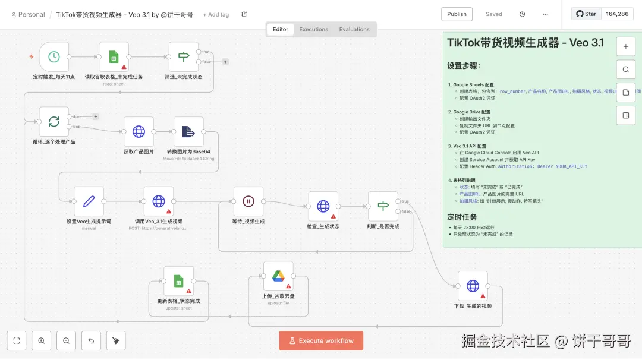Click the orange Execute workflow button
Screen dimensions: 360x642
click(x=321, y=340)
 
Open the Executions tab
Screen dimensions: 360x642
click(x=313, y=29)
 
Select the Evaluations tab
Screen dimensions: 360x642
click(x=354, y=29)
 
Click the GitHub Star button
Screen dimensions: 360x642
click(x=586, y=14)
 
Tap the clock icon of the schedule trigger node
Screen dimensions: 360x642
click(x=54, y=57)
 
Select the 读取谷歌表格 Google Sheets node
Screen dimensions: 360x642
click(x=114, y=57)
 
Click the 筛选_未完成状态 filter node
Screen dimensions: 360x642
click(x=184, y=57)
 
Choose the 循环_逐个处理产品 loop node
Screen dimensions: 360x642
click(x=54, y=122)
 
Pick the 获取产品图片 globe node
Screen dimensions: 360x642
click(x=139, y=131)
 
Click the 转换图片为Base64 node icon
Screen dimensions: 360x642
click(x=188, y=131)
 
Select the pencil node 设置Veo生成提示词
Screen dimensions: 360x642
click(x=89, y=201)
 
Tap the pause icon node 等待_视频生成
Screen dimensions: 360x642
click(x=248, y=201)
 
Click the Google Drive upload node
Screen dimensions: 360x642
click(x=278, y=276)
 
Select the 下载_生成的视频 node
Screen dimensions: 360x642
click(x=473, y=286)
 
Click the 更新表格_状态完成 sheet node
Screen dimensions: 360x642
click(x=178, y=281)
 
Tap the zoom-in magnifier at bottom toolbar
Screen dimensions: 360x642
click(x=42, y=340)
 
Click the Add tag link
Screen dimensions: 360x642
click(x=216, y=14)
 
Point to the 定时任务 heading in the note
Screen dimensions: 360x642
click(x=465, y=217)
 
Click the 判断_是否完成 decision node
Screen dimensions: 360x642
click(x=383, y=206)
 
